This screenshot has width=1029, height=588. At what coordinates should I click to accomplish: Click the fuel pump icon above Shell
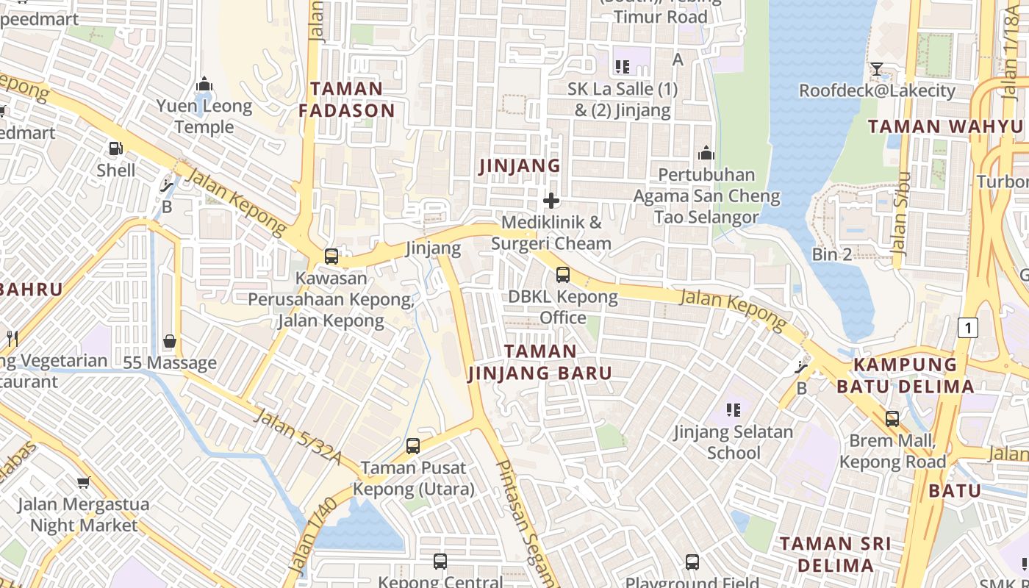[115, 148]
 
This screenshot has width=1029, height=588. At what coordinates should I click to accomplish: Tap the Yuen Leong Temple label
[204, 117]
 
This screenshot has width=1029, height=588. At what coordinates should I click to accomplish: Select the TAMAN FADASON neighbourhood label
[347, 100]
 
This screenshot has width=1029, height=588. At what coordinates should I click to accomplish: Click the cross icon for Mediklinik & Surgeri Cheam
[551, 201]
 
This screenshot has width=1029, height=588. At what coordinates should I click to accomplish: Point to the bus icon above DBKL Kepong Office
[562, 275]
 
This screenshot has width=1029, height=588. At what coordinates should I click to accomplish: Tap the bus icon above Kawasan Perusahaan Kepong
[331, 257]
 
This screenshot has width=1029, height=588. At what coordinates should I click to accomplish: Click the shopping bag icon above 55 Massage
[170, 342]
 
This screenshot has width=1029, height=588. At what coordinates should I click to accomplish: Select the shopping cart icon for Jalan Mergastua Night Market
[83, 483]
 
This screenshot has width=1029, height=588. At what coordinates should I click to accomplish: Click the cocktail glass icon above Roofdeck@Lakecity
[876, 70]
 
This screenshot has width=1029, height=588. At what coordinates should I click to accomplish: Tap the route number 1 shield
[968, 328]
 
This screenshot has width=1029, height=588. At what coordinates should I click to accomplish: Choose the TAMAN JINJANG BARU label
[540, 362]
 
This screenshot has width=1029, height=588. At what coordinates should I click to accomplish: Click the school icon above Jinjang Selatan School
[733, 409]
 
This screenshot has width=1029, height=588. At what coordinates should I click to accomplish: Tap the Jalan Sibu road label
[900, 214]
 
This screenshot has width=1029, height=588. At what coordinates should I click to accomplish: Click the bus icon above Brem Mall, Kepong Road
[892, 419]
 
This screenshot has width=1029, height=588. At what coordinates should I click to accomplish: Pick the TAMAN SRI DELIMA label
[835, 554]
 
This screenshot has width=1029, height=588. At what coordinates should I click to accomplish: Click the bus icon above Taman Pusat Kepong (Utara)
[413, 446]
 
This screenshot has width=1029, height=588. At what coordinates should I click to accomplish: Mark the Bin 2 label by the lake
[832, 254]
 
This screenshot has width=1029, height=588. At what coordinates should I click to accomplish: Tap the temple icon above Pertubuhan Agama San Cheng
[706, 153]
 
